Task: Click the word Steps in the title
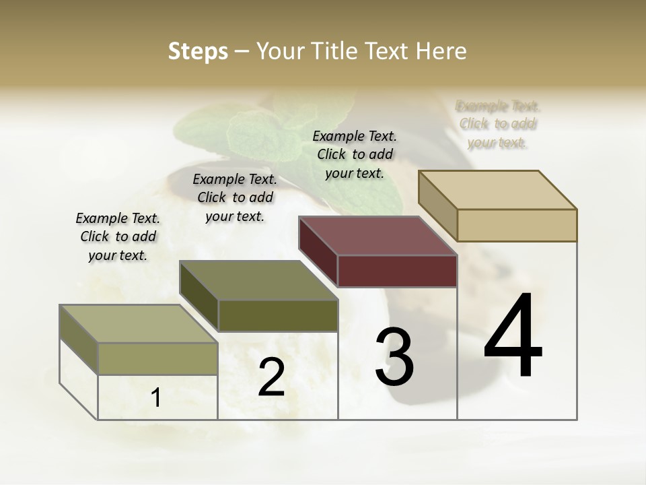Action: (x=198, y=51)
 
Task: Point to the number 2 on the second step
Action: (x=271, y=377)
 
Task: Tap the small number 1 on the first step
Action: (x=156, y=398)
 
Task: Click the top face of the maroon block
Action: (x=377, y=236)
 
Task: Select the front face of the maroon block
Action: (x=397, y=271)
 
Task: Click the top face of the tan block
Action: (x=498, y=189)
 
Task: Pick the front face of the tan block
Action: (x=517, y=225)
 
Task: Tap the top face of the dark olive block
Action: (x=258, y=280)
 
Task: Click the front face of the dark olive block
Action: (x=278, y=315)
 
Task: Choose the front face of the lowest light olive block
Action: (x=157, y=358)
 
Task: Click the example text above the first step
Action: (x=118, y=236)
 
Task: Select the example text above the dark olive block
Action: (x=235, y=197)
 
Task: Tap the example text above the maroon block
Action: (x=355, y=154)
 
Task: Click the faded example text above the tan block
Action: (x=498, y=124)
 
